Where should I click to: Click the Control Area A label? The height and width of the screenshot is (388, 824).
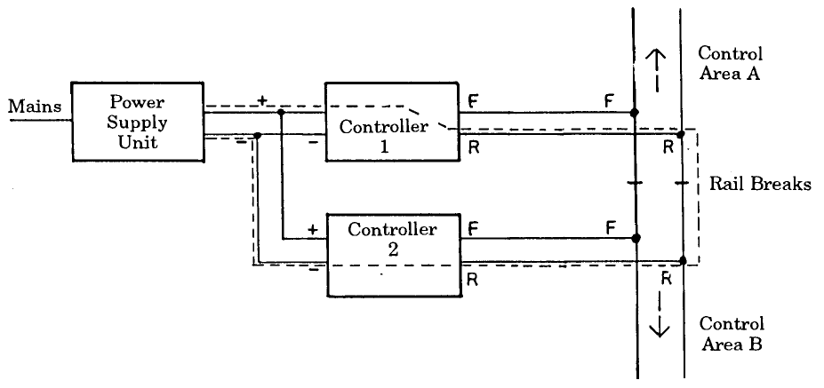(730, 63)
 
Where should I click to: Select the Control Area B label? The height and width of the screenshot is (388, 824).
(731, 333)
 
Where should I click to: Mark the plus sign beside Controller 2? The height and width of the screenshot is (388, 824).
(312, 229)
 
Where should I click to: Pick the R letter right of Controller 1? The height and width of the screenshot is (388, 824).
(473, 147)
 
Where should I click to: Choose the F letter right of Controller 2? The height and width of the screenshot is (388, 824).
(472, 228)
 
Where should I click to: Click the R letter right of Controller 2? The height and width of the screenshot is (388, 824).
(472, 278)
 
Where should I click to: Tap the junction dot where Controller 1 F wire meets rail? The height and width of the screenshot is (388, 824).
(634, 113)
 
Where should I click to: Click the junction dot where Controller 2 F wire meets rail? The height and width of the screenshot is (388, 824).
(635, 238)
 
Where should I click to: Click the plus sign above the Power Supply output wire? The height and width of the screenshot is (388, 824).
(262, 100)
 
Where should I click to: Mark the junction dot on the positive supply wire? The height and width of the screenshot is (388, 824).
(280, 113)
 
